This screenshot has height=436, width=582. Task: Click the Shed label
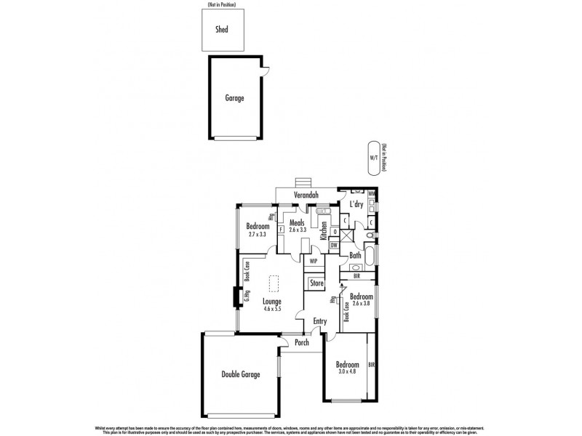click(x=221, y=30)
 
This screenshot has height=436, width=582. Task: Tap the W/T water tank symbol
click(x=373, y=157)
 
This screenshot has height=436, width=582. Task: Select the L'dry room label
click(x=356, y=204)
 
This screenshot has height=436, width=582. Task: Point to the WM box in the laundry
click(x=372, y=194)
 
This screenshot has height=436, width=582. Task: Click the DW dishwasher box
click(x=333, y=245)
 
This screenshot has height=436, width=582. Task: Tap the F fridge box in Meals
click(x=281, y=230)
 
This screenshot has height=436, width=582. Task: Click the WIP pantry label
click(x=314, y=260)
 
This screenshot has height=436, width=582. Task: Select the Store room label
click(x=316, y=283)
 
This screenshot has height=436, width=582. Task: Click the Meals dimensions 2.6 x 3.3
click(x=297, y=230)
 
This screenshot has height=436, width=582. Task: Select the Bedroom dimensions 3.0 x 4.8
click(x=347, y=372)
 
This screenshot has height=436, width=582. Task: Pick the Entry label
click(x=320, y=320)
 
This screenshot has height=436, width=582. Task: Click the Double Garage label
click(x=241, y=374)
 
